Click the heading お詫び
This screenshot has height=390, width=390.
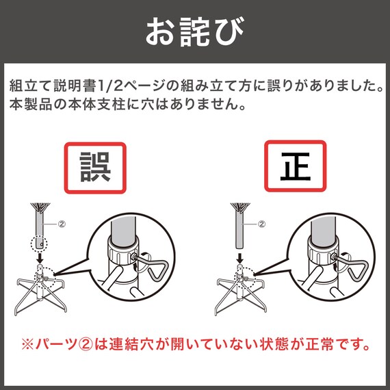pos(194,31)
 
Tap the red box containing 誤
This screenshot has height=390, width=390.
pos(95,168)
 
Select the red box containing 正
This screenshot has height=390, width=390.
pos(295,166)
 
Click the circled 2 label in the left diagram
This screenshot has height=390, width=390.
pos(62,224)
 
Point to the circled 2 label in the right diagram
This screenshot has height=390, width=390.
pos(261,224)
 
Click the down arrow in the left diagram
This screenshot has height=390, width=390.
pos(40,259)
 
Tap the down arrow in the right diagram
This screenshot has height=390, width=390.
pos(239,259)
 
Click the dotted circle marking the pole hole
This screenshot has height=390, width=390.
pos(39,242)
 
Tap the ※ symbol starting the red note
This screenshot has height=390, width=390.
pos(27,344)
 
